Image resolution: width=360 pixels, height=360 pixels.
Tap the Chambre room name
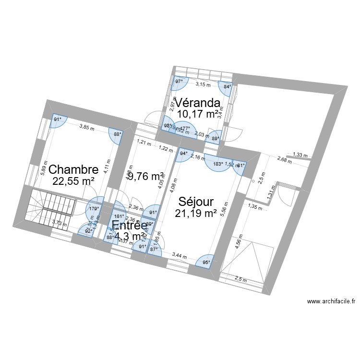[x=73, y=169]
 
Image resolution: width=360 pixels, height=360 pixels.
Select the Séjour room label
[x=196, y=202]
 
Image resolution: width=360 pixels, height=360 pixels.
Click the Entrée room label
[x=130, y=226]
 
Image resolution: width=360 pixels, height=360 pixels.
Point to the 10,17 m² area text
[x=197, y=114]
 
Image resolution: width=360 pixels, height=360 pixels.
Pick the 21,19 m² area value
[x=196, y=213]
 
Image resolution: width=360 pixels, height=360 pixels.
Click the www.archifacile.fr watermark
[x=331, y=302]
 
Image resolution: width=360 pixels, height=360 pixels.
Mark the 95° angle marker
[x=205, y=262]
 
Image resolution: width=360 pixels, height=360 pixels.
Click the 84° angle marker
[x=227, y=87]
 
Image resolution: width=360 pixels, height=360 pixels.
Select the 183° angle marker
[x=217, y=164]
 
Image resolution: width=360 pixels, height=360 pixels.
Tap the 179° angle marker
[x=94, y=208]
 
